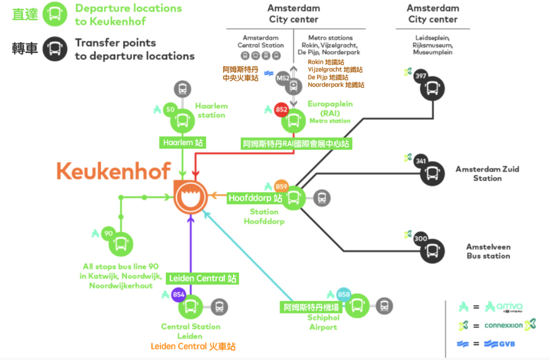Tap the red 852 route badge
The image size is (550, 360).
(281, 109)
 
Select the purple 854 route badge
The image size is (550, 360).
(178, 294)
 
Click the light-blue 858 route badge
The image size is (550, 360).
(345, 294)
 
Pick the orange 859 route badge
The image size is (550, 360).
(281, 186)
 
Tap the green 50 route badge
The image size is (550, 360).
(171, 109)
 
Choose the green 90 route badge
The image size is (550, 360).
(108, 233)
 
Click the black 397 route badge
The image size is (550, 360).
(421, 76)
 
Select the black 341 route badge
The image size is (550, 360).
(421, 161)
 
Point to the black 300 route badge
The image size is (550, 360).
(421, 238)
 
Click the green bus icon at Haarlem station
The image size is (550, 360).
(183, 122)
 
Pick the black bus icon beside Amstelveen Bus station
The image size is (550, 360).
(433, 251)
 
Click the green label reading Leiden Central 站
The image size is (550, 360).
(203, 278)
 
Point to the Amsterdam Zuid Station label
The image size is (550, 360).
(487, 174)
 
